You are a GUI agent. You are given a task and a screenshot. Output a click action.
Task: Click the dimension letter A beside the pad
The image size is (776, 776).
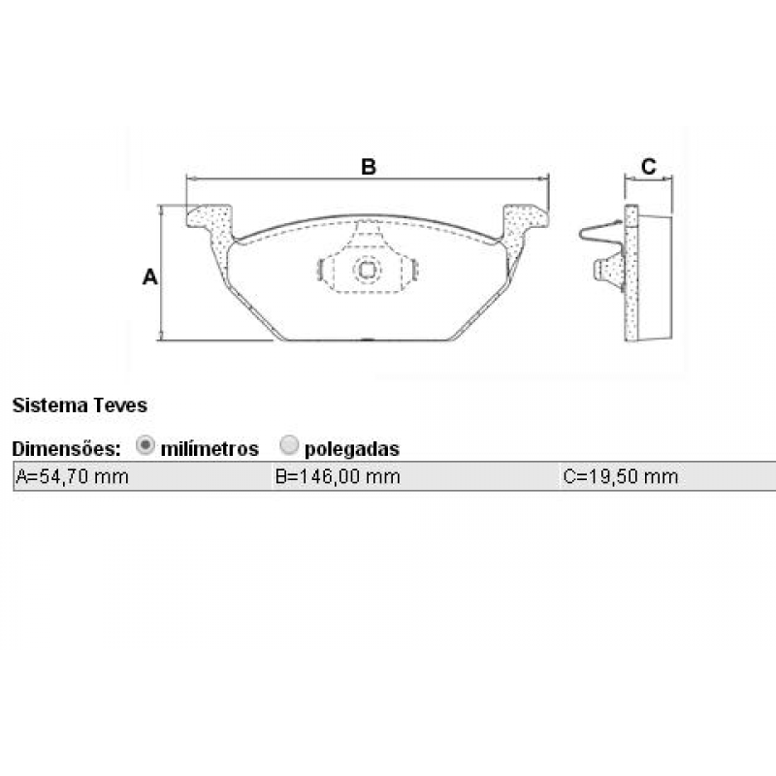[x=150, y=276]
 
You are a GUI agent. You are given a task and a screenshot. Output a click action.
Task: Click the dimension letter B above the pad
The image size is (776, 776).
[x=369, y=167]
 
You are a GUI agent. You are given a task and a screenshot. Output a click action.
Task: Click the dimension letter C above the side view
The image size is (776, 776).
[x=648, y=166]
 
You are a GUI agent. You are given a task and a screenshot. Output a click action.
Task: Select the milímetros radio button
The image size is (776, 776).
[x=145, y=445]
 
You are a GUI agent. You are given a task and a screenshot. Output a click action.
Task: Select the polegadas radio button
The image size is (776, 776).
[x=289, y=445]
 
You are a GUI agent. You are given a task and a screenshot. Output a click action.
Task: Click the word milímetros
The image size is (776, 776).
[x=210, y=449]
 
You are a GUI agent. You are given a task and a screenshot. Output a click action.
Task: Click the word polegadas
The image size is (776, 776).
[x=352, y=449]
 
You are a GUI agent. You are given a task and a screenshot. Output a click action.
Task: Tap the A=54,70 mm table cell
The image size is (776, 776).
[x=143, y=476]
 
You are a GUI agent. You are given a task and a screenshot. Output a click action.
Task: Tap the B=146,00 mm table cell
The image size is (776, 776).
[x=416, y=476]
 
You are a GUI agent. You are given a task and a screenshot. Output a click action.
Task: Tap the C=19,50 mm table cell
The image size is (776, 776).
[x=667, y=476]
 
